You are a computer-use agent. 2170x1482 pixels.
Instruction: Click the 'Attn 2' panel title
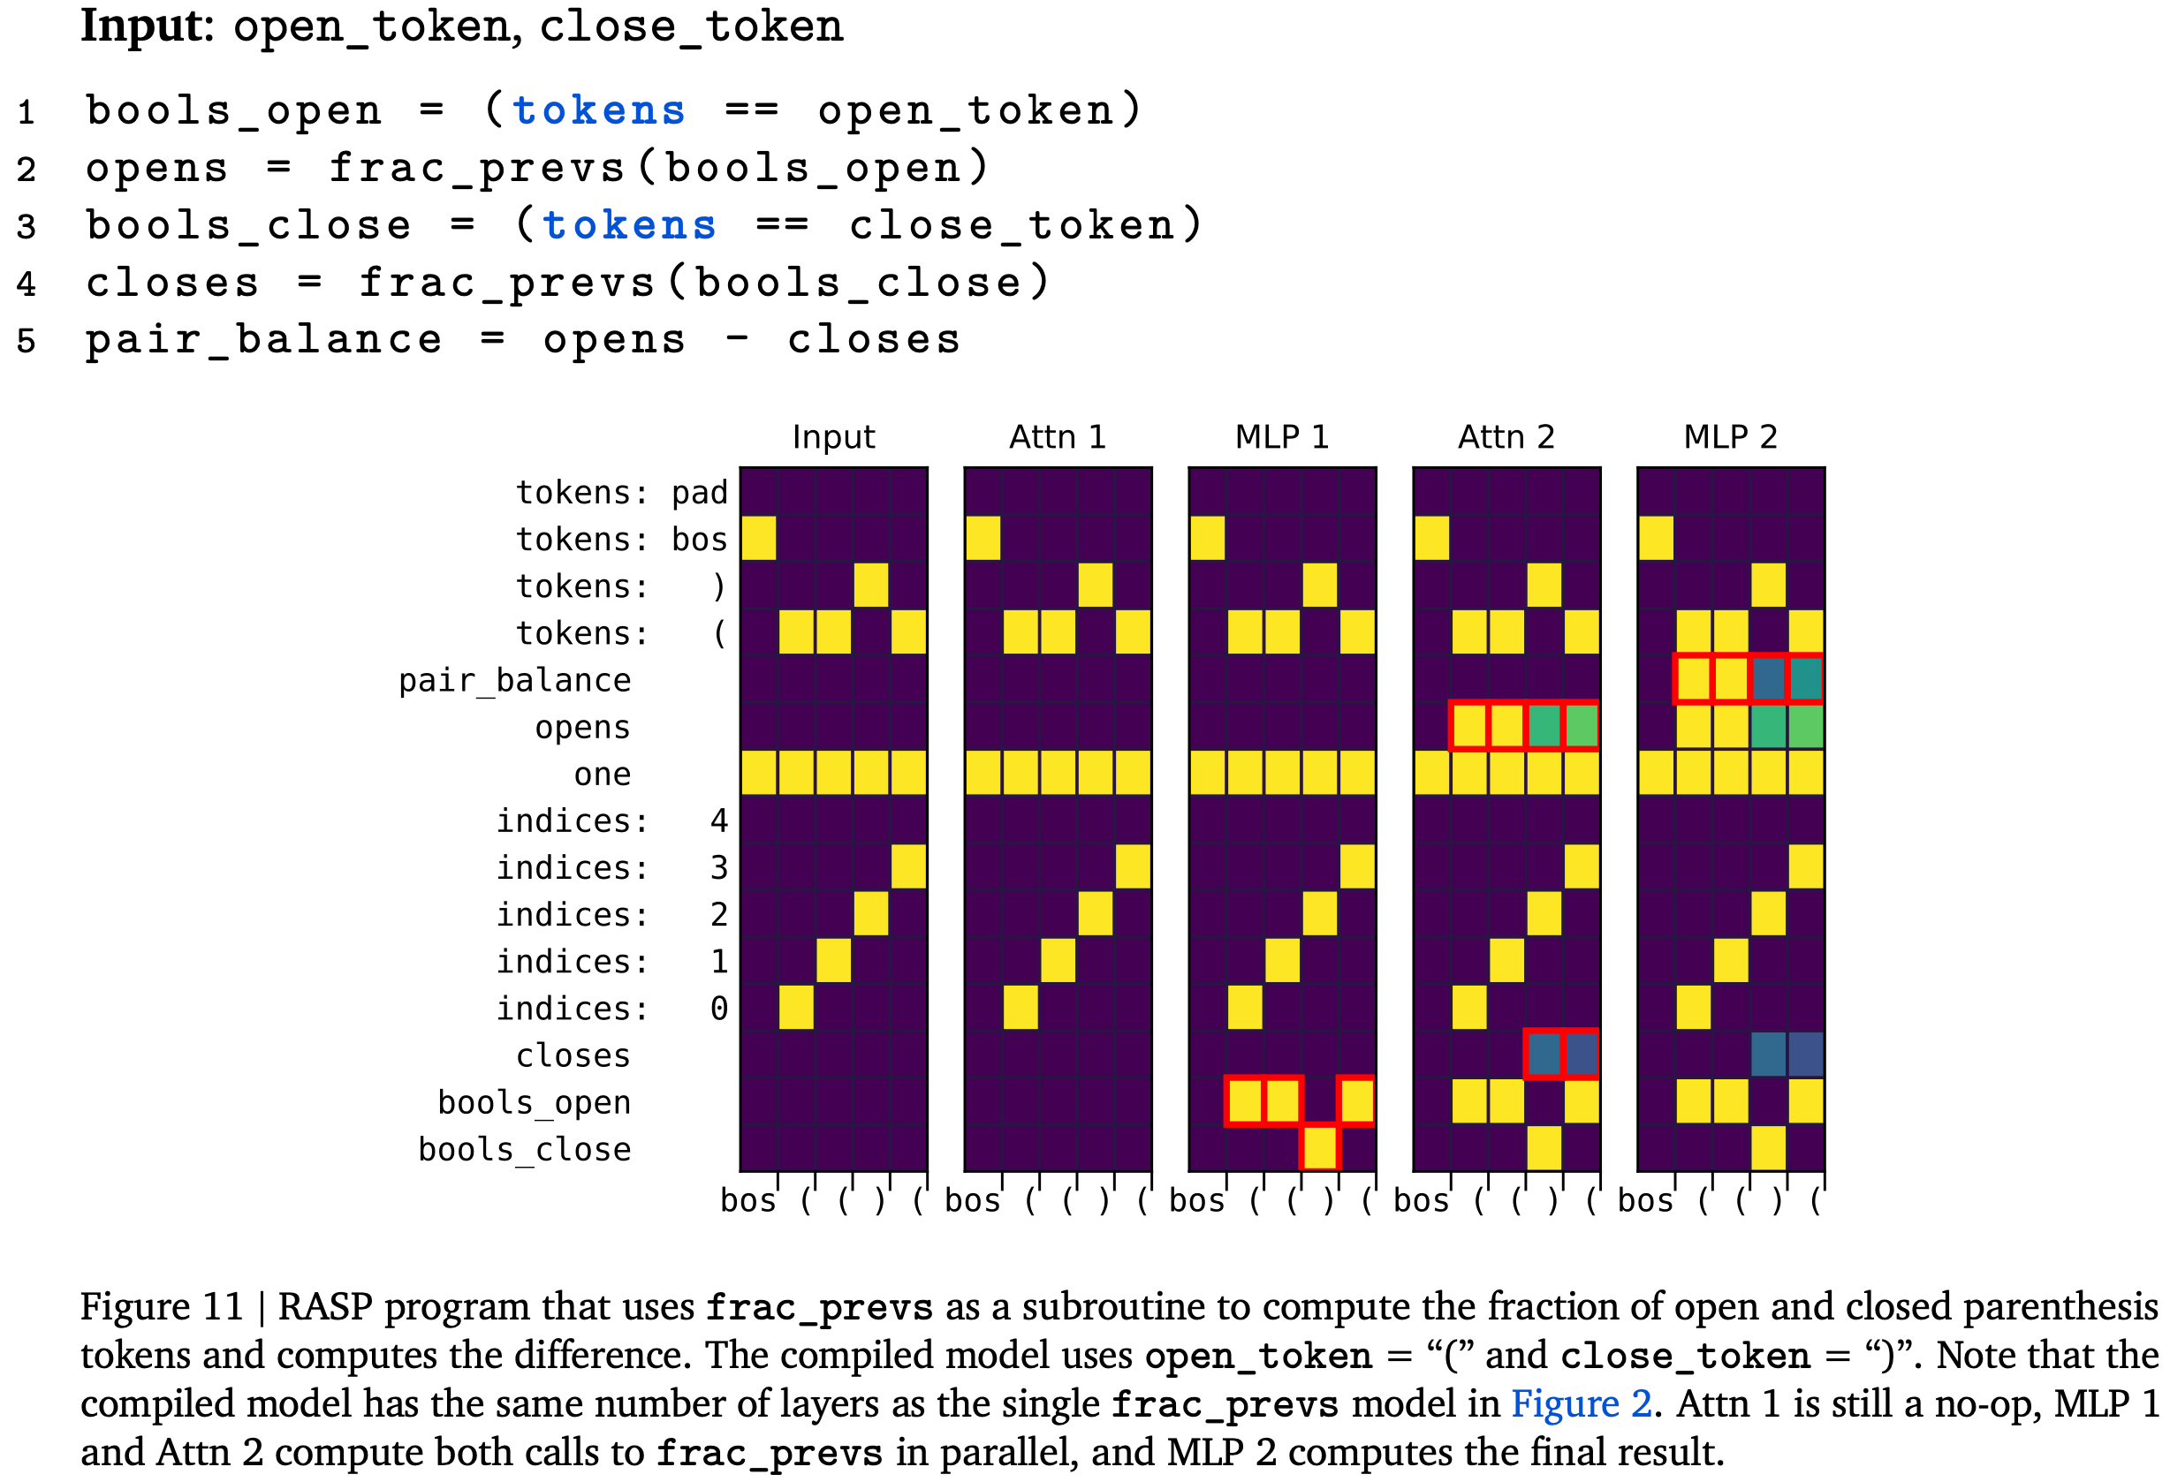[x=1506, y=437]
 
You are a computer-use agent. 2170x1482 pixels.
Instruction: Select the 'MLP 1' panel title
[x=1281, y=437]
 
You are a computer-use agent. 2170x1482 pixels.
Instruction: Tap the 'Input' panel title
[x=833, y=437]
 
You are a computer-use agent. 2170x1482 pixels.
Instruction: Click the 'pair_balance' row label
[x=514, y=680]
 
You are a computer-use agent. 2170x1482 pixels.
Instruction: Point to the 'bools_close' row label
[x=524, y=1149]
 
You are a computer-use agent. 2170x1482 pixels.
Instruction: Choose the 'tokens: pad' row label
[x=621, y=492]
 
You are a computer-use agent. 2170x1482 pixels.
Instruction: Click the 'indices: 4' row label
[x=611, y=820]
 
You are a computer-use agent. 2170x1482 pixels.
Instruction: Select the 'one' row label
[x=603, y=774]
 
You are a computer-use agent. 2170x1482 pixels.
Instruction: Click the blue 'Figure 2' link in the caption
[x=1581, y=1403]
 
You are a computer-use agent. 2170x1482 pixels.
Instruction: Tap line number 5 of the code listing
[x=27, y=341]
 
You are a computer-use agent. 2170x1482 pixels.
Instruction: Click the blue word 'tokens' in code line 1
[x=598, y=111]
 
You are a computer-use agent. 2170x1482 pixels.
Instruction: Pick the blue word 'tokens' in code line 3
[x=629, y=226]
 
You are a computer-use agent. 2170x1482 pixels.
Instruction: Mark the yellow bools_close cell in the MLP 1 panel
[x=1318, y=1148]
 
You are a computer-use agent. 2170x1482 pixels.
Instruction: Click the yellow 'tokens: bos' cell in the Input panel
[x=758, y=539]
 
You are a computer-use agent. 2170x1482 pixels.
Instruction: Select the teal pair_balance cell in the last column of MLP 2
[x=1805, y=679]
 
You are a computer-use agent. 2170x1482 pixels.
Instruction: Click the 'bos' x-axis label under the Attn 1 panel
[x=972, y=1200]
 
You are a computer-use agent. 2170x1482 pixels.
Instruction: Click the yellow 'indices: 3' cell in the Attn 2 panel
[x=1581, y=867]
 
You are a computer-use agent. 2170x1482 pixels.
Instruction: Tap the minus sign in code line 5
[x=737, y=340]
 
